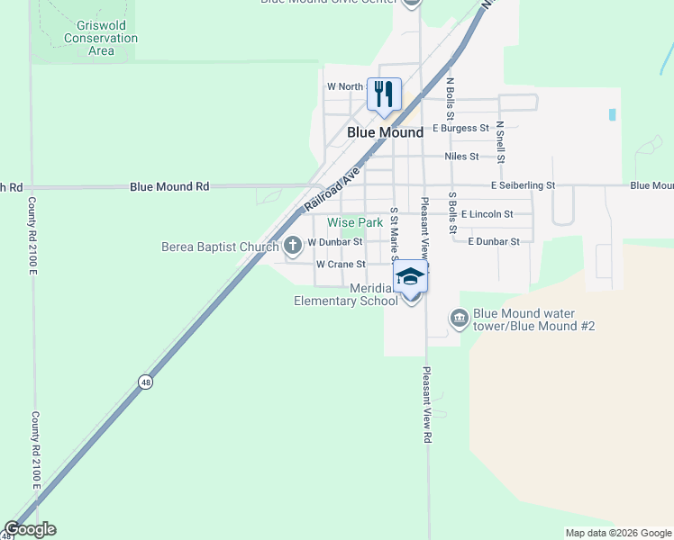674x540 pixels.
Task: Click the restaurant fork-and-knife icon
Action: [385, 94]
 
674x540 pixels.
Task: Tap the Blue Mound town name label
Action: [386, 132]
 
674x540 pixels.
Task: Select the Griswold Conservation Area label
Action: [101, 39]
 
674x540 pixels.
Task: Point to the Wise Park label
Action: [355, 222]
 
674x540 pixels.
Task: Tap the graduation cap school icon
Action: [410, 275]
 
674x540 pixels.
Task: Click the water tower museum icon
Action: [459, 318]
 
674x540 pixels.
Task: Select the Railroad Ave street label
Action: [332, 188]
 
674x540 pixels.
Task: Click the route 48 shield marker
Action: [146, 382]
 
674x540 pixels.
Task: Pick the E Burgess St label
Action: [460, 129]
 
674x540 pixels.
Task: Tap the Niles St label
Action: [461, 157]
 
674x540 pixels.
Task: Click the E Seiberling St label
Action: [524, 185]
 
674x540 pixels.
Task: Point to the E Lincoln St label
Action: [487, 214]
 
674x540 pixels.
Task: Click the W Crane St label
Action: [341, 265]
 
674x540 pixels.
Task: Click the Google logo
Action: [30, 529]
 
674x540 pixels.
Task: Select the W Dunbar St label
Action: [334, 242]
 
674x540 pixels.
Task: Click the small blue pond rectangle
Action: [613, 115]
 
